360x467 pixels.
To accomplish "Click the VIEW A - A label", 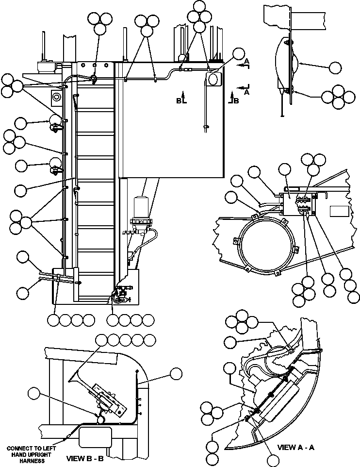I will click(295, 447).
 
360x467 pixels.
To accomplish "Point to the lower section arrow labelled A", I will click(244, 88).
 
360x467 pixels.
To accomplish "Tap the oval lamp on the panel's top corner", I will click(214, 80).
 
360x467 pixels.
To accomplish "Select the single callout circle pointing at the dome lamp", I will click(335, 67).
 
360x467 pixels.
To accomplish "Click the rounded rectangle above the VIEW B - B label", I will click(94, 439).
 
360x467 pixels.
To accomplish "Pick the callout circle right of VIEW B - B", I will click(176, 374).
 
